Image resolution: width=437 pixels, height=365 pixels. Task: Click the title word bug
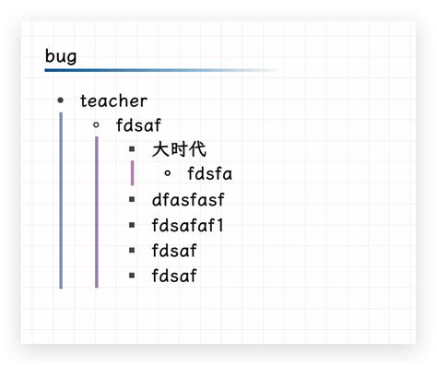[x=61, y=56]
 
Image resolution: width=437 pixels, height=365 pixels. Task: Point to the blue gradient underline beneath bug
[x=138, y=70]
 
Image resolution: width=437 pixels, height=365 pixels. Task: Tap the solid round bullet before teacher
[x=61, y=100]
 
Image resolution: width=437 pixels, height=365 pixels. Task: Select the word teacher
[x=113, y=100]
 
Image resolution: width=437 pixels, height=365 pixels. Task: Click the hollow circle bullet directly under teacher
[x=96, y=124]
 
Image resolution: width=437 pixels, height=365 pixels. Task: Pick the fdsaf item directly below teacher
[x=139, y=124]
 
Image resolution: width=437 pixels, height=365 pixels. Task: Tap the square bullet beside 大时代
[x=132, y=148]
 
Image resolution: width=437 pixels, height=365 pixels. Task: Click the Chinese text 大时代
[x=179, y=148]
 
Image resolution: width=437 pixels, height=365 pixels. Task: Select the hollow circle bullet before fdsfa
[x=167, y=172]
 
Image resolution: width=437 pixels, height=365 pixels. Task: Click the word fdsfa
[x=209, y=173]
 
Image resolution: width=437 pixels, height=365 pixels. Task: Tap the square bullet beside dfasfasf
[x=132, y=199]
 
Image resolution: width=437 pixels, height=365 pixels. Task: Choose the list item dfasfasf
[x=188, y=199]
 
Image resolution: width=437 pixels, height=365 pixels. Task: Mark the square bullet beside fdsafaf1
[x=132, y=224]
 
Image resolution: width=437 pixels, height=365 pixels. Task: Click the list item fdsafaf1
[x=188, y=224]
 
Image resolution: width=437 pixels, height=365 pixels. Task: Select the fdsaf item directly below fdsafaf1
[x=174, y=250]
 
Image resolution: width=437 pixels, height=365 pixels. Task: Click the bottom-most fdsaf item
[x=174, y=275]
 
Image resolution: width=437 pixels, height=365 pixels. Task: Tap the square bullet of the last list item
[x=132, y=275]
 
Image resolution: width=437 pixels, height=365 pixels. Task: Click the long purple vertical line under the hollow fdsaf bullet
[x=96, y=212]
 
